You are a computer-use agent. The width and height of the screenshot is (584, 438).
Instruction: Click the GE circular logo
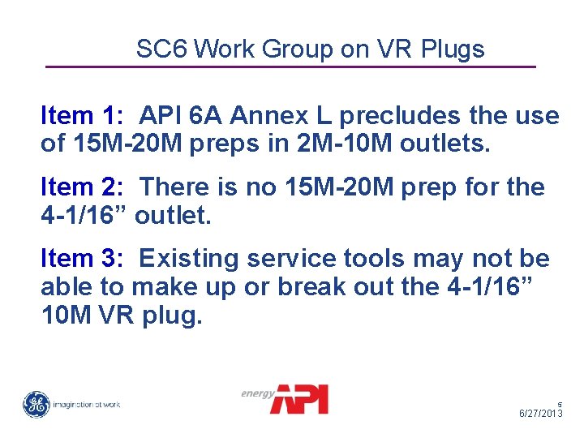(x=36, y=404)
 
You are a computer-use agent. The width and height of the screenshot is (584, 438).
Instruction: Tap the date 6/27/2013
(x=541, y=414)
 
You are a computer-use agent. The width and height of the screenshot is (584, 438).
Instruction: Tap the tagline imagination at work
(x=87, y=405)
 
